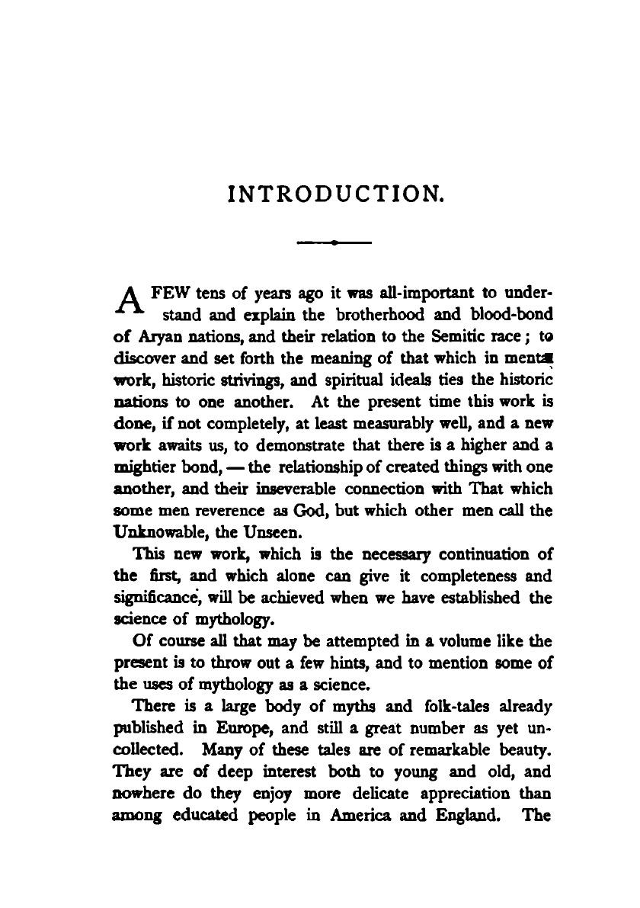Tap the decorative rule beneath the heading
click(335, 243)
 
